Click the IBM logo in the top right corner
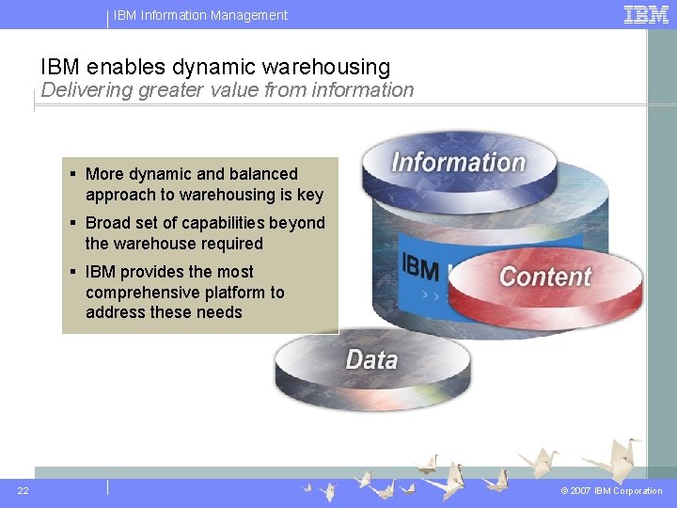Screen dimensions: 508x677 646,14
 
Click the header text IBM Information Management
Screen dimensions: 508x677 200,15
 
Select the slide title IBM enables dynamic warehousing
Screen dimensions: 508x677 215,67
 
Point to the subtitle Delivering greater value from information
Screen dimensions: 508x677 227,90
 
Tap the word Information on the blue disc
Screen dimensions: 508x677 458,162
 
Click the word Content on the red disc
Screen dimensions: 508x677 545,277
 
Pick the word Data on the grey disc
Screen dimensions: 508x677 371,359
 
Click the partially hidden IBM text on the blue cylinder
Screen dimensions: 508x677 419,268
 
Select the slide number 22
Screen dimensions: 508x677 23,490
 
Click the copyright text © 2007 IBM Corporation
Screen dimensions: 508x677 611,490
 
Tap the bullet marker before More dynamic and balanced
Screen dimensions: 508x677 73,174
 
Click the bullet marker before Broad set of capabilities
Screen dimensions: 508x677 73,223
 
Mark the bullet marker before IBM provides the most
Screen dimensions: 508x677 73,272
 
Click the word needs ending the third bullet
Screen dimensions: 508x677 218,312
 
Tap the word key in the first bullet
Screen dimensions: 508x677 310,195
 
